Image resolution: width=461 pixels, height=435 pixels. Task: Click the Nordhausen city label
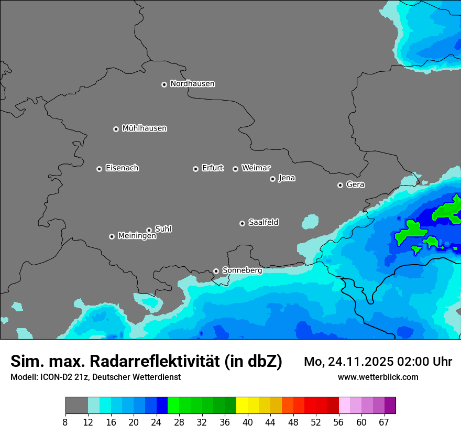tap(192, 84)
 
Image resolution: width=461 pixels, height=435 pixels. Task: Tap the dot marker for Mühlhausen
tap(116, 129)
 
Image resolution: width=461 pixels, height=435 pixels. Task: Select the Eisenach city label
tap(122, 168)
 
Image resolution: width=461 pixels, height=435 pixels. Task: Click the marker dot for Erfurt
tap(196, 169)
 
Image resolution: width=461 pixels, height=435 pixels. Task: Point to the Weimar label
tap(256, 168)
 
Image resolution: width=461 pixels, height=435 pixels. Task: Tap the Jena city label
tap(287, 178)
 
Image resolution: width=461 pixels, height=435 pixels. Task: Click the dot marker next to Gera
tap(341, 185)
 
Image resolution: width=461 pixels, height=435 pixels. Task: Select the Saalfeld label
tap(263, 223)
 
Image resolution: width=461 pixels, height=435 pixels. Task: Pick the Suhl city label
tap(163, 229)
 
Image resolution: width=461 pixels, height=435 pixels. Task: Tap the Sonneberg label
tap(242, 270)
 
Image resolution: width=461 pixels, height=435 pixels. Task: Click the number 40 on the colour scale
tap(248, 422)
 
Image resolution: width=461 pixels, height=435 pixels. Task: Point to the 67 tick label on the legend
tap(384, 422)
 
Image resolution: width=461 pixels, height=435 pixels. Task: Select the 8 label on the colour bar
tap(65, 422)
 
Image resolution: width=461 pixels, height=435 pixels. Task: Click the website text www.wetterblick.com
tap(378, 377)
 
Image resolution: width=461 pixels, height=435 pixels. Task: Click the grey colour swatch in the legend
tap(76, 406)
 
